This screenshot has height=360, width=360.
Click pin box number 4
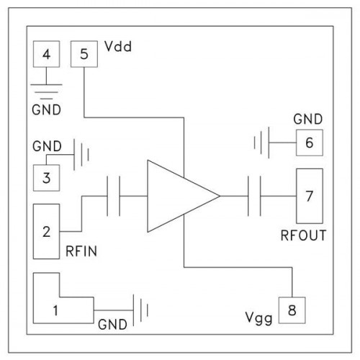[46, 54]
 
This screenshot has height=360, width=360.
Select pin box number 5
[84, 54]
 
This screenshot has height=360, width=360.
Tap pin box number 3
[46, 178]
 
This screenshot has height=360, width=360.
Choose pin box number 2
[46, 232]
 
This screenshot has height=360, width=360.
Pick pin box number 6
[310, 143]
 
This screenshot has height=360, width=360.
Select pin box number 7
[310, 196]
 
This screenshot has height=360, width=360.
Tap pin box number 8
[292, 310]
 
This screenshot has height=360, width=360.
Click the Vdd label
[118, 46]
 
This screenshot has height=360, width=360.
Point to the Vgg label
[258, 318]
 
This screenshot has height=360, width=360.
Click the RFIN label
[81, 251]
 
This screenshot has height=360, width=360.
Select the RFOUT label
[303, 235]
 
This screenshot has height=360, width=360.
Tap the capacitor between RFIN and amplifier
[113, 196]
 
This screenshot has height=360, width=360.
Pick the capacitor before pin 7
[254, 196]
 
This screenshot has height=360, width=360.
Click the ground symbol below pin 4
[46, 91]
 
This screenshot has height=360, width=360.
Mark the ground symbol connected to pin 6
[261, 143]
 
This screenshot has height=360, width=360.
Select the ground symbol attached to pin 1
[140, 310]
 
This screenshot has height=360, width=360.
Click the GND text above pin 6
[308, 119]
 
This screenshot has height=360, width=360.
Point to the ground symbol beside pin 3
[81, 155]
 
